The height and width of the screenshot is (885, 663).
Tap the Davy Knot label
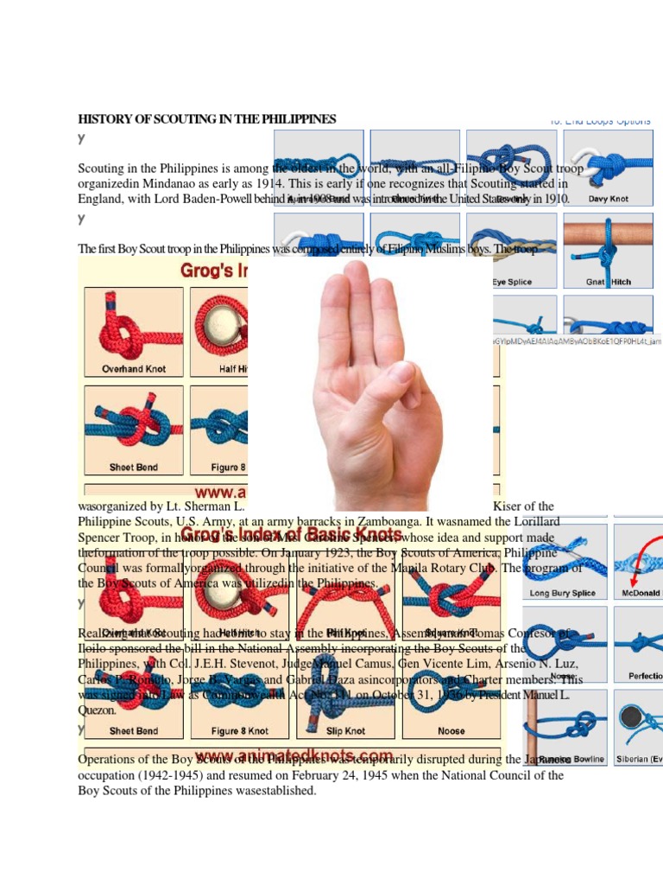(609, 199)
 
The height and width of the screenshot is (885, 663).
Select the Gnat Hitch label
(609, 282)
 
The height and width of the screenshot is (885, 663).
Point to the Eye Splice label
(512, 282)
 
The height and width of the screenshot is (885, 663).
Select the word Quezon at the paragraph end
(98, 710)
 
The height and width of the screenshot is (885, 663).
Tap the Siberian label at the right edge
(640, 759)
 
